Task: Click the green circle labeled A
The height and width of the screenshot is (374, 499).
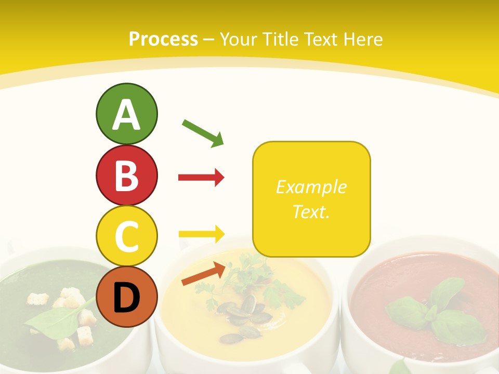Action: (126, 114)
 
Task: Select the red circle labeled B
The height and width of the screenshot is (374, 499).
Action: (126, 175)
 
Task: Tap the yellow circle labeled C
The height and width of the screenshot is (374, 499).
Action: (126, 236)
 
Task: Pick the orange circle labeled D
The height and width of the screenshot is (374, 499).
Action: (126, 297)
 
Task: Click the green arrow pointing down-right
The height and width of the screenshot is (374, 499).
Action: (203, 132)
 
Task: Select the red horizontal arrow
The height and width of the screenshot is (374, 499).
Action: (201, 178)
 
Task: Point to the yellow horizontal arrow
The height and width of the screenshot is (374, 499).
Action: (201, 234)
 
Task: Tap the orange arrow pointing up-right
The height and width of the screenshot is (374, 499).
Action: (203, 274)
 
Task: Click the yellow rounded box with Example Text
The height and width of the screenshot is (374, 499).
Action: (311, 199)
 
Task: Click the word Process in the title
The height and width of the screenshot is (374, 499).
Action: (163, 39)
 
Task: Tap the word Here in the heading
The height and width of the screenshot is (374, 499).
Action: (364, 39)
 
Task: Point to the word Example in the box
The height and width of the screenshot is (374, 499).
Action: (311, 187)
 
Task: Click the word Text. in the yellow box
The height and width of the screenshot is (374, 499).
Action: (311, 211)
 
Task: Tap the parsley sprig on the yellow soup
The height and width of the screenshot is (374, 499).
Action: (249, 275)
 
